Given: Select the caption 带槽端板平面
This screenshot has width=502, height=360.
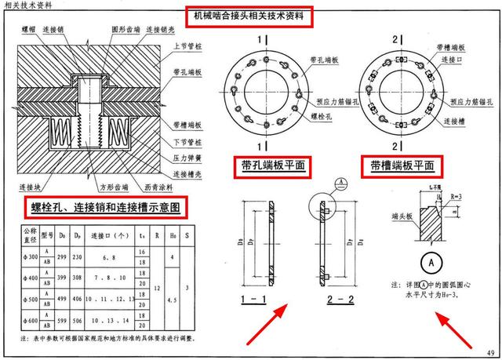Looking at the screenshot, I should (401, 165).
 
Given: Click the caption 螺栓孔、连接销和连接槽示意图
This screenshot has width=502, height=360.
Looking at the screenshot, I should (107, 208).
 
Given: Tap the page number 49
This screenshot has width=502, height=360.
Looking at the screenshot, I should (489, 351).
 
